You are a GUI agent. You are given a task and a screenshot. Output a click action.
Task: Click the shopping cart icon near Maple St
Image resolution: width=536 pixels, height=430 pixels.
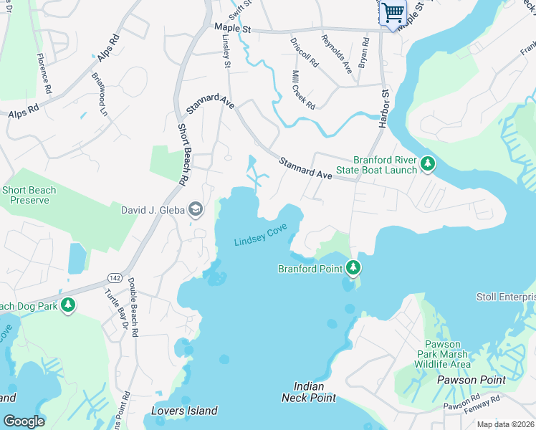pyautogui.click(x=393, y=12)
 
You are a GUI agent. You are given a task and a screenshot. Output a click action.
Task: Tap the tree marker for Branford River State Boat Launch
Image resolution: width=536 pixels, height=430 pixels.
pyautogui.click(x=428, y=164)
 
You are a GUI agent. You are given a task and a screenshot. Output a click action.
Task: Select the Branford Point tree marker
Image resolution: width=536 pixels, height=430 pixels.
pyautogui.click(x=353, y=268)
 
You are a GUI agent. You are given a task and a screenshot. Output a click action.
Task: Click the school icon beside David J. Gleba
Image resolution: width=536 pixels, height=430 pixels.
pyautogui.click(x=194, y=209)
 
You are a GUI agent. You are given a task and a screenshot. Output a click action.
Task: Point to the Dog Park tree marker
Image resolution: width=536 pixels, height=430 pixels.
pyautogui.click(x=68, y=306)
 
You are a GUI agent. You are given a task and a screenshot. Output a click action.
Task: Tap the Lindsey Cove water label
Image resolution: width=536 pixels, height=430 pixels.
pyautogui.click(x=261, y=237)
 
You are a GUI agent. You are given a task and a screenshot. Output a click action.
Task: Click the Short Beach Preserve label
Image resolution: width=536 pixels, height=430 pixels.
pyautogui.click(x=29, y=196)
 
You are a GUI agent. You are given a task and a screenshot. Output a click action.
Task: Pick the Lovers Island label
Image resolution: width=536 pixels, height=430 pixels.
pyautogui.click(x=184, y=411)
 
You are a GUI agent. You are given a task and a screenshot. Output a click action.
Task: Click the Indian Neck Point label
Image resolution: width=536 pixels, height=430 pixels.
pyautogui.click(x=314, y=392)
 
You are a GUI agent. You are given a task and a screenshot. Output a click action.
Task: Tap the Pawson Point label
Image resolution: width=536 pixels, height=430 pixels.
pyautogui.click(x=471, y=380)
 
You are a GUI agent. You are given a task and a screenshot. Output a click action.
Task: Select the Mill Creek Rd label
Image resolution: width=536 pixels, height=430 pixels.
pyautogui.click(x=303, y=90)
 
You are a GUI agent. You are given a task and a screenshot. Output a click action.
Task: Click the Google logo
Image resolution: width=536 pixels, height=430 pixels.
pyautogui.click(x=24, y=421)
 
